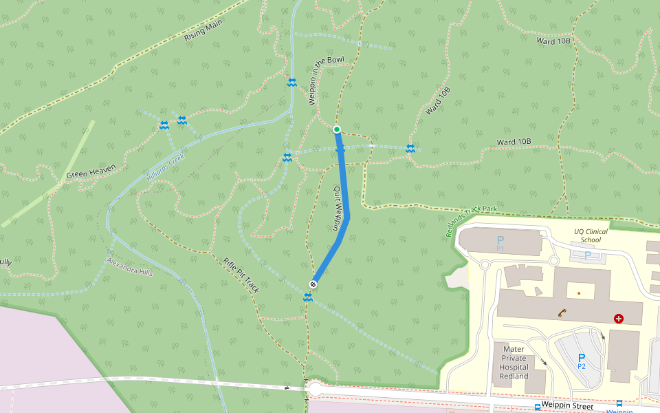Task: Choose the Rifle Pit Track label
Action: tap(241, 275)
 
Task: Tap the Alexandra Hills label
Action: tap(130, 267)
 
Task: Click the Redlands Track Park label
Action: tap(472, 221)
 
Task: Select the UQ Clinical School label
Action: tap(591, 235)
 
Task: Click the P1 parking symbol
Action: tap(500, 242)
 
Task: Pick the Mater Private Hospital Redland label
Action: tap(514, 363)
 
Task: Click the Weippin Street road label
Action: tap(568, 407)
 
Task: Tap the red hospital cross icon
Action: tap(619, 319)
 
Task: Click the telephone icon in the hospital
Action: tap(562, 313)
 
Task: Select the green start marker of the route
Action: tap(337, 129)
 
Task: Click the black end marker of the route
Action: tap(313, 284)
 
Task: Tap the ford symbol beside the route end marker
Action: tap(308, 297)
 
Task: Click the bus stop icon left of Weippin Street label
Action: tap(537, 407)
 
